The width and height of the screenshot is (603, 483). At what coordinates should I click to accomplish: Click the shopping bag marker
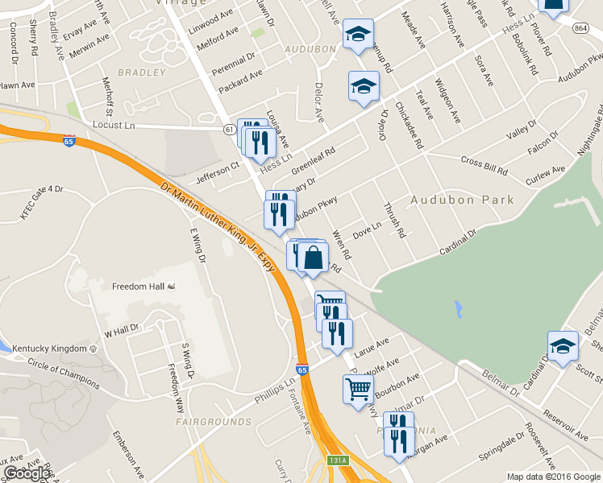pyautogui.click(x=314, y=258)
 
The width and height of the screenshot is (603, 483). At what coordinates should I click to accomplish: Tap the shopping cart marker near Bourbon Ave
pyautogui.click(x=359, y=390)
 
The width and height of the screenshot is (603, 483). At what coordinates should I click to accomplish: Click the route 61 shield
pyautogui.click(x=229, y=130)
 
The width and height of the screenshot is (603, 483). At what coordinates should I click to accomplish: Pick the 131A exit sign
pyautogui.click(x=338, y=460)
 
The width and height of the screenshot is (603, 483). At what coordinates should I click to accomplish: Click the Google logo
pyautogui.click(x=27, y=473)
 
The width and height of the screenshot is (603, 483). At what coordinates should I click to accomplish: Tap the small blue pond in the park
pyautogui.click(x=458, y=308)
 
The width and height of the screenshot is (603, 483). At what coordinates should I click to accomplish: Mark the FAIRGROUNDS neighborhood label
pyautogui.click(x=202, y=421)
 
